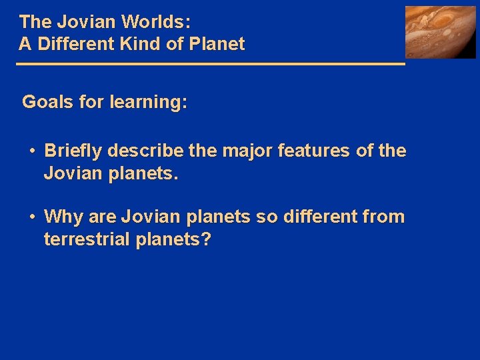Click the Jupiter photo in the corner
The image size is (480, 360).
click(441, 32)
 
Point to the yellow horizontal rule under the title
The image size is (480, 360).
click(210, 64)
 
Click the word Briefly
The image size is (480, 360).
click(73, 151)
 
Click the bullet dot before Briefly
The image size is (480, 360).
click(33, 151)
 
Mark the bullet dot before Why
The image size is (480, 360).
click(33, 217)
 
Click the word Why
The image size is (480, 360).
click(61, 217)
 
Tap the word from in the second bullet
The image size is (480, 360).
click(385, 217)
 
